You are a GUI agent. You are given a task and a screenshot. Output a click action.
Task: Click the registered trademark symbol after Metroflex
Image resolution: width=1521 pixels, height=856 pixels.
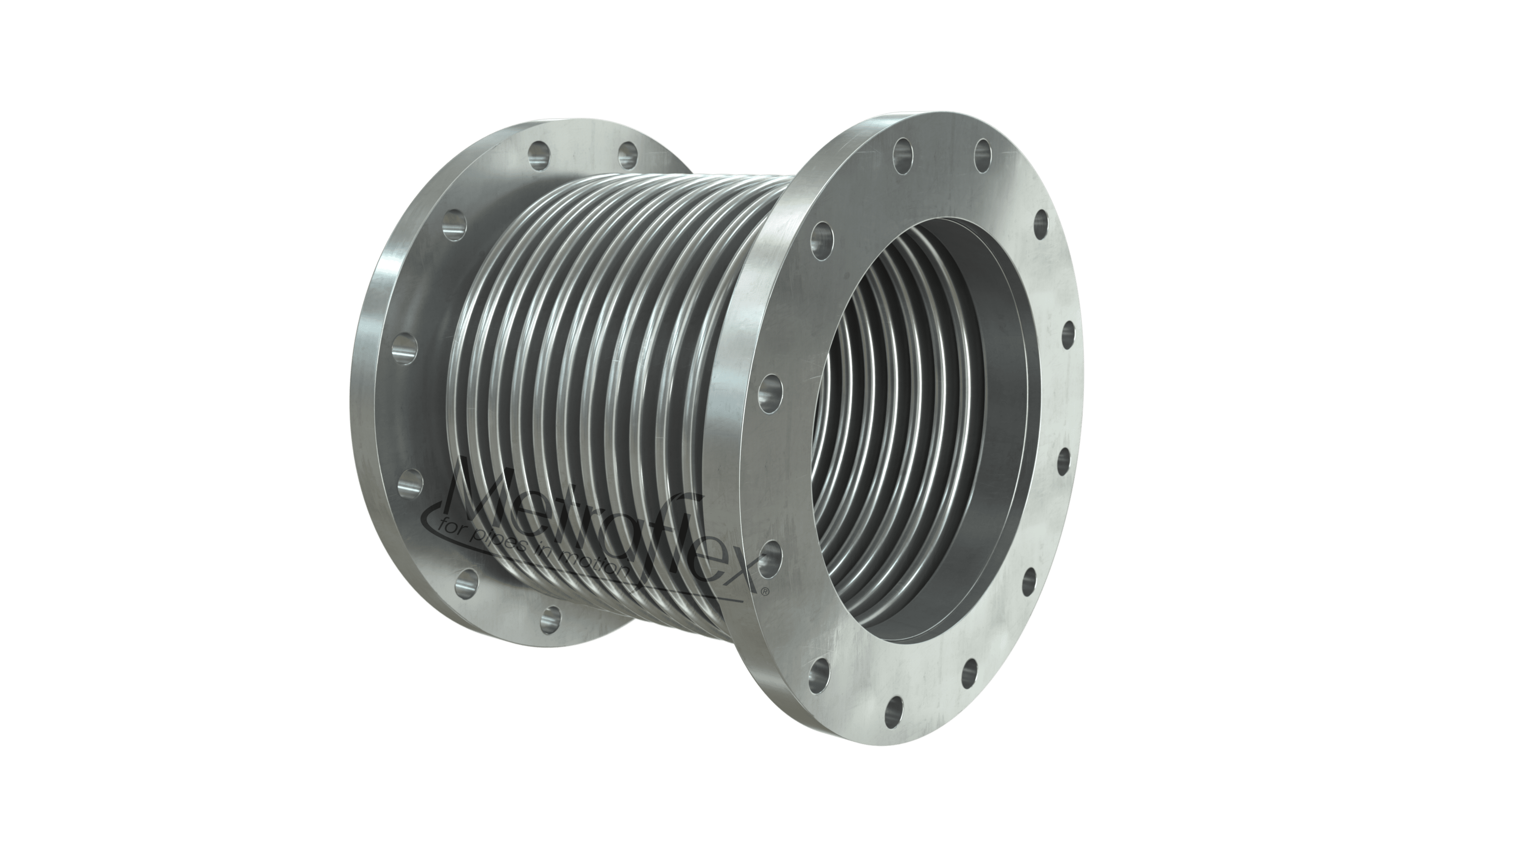(x=765, y=591)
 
